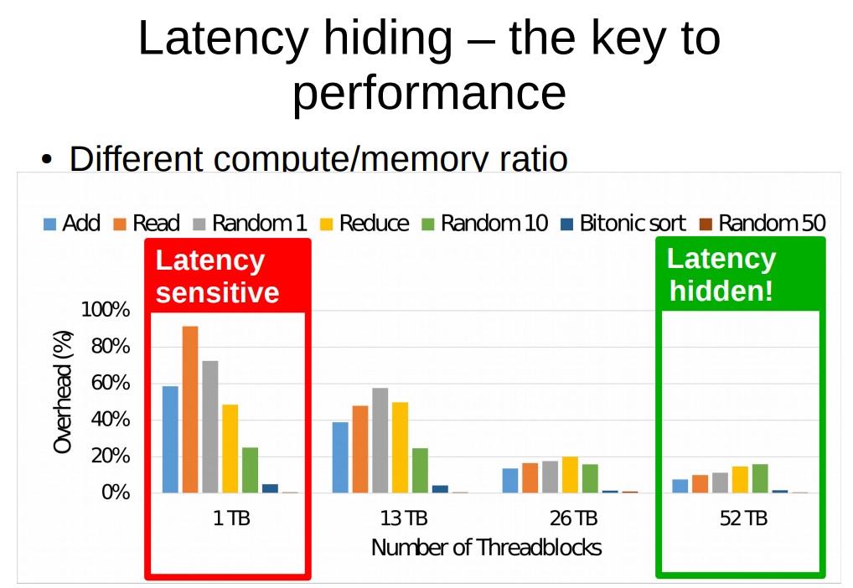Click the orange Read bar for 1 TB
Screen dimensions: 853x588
point(190,409)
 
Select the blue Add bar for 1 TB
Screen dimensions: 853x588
point(170,440)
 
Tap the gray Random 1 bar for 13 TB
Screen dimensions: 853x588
point(380,440)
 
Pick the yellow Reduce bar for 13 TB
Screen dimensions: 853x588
point(400,447)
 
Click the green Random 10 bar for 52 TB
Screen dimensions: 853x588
point(760,478)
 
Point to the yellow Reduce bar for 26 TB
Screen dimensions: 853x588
point(570,475)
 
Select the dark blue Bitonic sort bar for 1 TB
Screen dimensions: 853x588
point(270,488)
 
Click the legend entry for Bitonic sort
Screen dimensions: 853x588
point(623,223)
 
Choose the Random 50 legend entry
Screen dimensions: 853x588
point(763,223)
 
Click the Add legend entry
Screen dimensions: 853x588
point(72,223)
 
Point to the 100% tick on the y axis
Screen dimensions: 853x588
point(106,310)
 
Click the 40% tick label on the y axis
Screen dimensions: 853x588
point(111,420)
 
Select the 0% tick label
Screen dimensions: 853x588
point(116,493)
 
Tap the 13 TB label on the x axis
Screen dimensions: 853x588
point(404,518)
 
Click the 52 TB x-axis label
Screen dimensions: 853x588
point(743,518)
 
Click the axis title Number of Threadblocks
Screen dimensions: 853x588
point(486,548)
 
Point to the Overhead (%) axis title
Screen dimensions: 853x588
point(63,392)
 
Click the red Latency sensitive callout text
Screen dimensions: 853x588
point(217,276)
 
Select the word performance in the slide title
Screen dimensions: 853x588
point(429,93)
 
